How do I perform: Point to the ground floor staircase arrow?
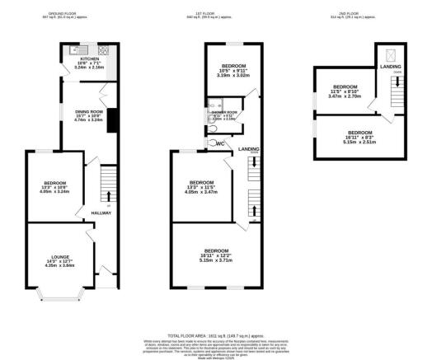pyautogui.click(x=109, y=195)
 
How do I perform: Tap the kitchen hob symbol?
pyautogui.click(x=106, y=50)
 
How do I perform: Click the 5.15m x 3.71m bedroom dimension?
pyautogui.click(x=216, y=260)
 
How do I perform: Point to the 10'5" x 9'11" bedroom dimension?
pyautogui.click(x=231, y=69)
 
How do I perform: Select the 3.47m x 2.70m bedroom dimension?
pyautogui.click(x=345, y=97)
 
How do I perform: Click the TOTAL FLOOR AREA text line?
pyautogui.click(x=216, y=335)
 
